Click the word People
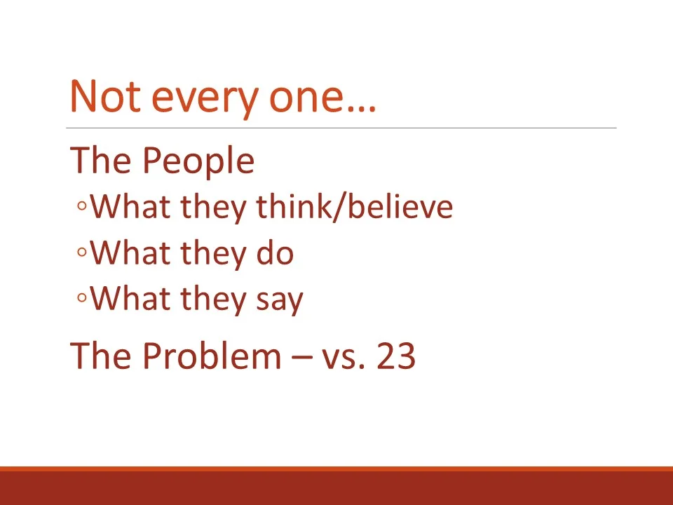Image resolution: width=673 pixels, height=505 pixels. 198,161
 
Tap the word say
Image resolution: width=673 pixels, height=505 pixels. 276,300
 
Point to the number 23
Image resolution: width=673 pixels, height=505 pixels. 396,356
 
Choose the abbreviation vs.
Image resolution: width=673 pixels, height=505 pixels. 344,358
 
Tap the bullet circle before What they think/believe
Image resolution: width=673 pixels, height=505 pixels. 82,208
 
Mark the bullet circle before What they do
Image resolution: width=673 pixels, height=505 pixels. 82,254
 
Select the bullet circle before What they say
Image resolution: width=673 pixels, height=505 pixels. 82,299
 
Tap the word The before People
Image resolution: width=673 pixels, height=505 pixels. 101,161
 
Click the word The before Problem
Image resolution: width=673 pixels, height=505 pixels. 101,356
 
